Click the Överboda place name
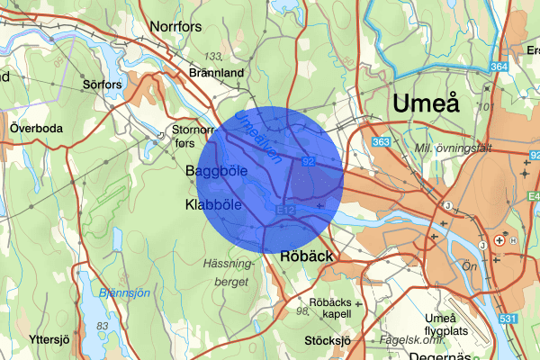pyautogui.click(x=36, y=128)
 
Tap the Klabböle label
pyautogui.click(x=213, y=204)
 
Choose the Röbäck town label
pyautogui.click(x=308, y=256)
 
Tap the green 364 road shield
pyautogui.click(x=501, y=67)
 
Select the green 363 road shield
pyautogui.click(x=382, y=142)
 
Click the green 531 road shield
pyautogui.click(x=508, y=319)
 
